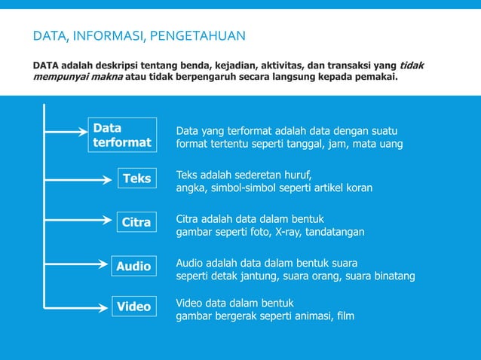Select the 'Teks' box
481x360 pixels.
coord(136,178)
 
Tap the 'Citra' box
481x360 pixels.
coord(136,222)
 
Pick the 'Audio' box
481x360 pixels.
coord(133,266)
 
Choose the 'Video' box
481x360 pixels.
coord(133,307)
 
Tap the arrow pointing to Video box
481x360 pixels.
coord(75,307)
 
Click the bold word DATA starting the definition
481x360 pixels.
coord(47,65)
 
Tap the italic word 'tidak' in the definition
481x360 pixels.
coord(411,65)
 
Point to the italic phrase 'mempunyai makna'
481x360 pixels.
coord(78,77)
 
